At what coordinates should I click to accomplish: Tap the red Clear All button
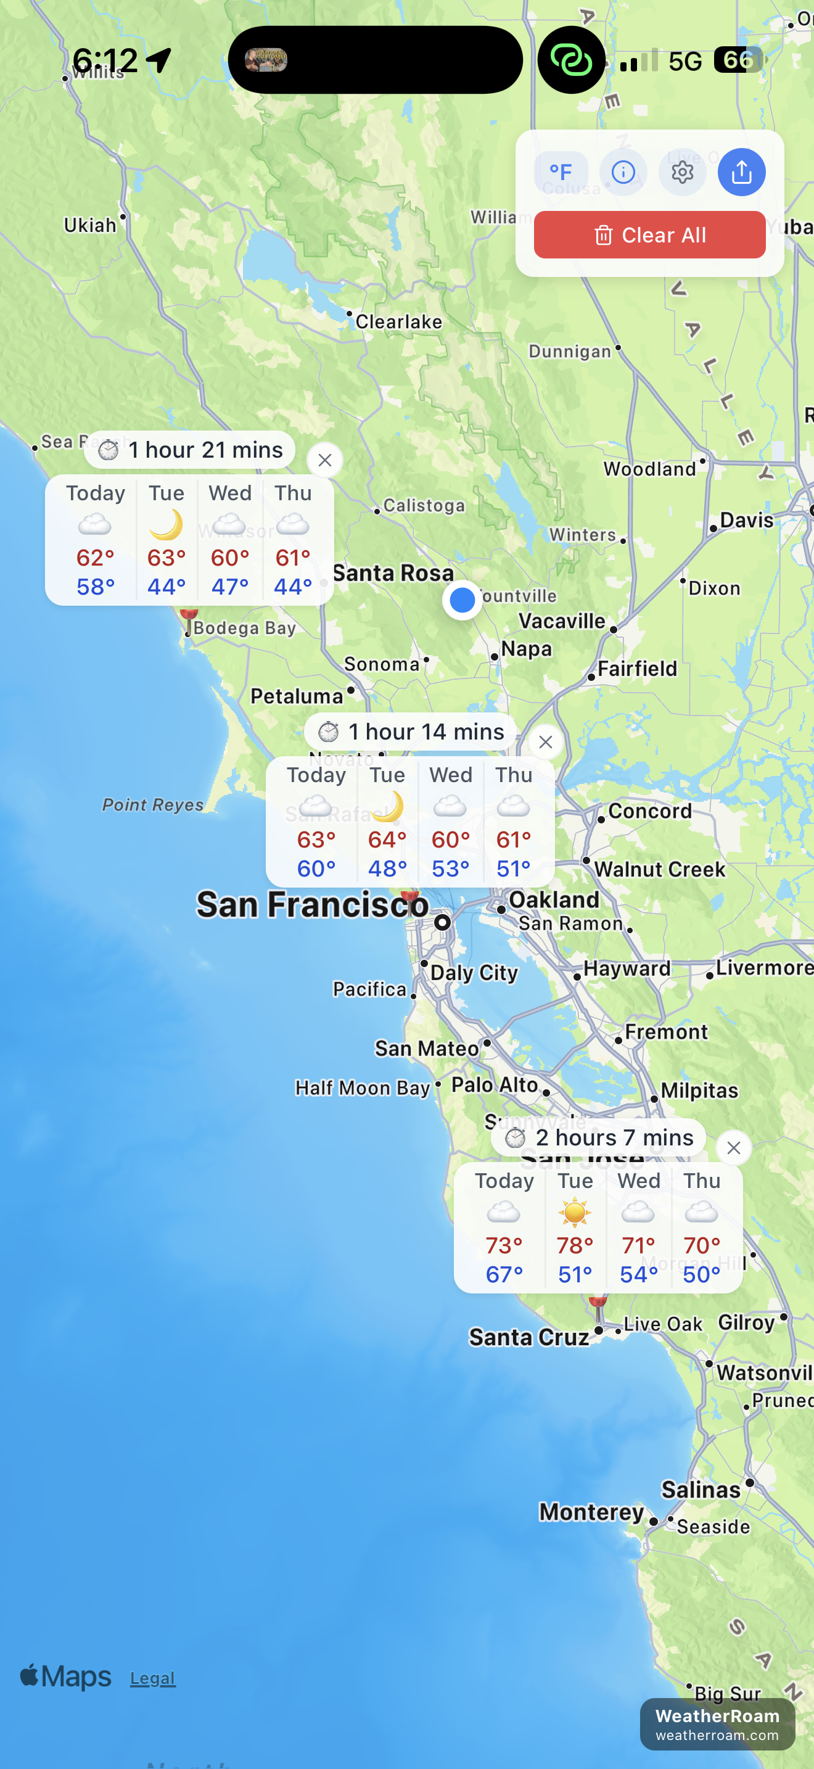pos(649,235)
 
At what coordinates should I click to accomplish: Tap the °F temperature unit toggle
pos(561,172)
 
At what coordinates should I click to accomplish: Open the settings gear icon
pos(681,172)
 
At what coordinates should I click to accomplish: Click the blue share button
pos(741,172)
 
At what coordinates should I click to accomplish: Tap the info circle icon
pos(622,172)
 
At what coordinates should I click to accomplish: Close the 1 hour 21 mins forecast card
pos(324,460)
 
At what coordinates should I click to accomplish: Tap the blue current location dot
pos(462,600)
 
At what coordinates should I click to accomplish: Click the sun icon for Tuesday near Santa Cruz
pos(575,1212)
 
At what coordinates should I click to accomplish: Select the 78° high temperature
pos(575,1245)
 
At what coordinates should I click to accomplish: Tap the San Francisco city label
pos(312,904)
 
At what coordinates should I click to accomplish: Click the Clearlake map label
pos(398,321)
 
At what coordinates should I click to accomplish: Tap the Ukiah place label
pos(90,225)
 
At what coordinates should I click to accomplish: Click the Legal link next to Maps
pos(152,1678)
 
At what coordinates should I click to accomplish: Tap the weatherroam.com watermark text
pos(717,1735)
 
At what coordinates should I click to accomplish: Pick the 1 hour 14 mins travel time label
pos(425,732)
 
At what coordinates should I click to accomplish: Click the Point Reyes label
pos(152,804)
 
